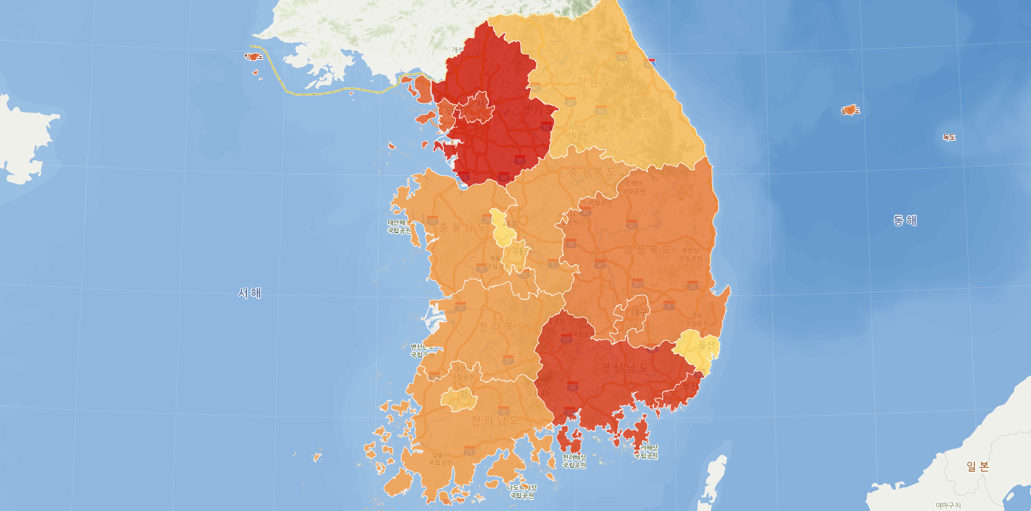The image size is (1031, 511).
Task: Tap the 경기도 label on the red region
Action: point(537,110)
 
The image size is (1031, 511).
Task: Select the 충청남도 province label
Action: point(462,227)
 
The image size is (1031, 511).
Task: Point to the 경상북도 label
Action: point(647,249)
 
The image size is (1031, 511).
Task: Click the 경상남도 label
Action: point(625,368)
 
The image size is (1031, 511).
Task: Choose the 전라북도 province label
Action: point(502,326)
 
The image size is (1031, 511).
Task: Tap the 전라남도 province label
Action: point(495,420)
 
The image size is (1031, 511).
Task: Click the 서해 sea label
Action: point(250,293)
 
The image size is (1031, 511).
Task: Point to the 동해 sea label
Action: point(905,221)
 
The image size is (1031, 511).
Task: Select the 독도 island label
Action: point(949,137)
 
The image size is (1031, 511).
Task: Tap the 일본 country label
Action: point(978,466)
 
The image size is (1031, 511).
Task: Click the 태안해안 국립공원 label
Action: point(400,226)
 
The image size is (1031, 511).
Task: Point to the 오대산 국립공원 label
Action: point(628,91)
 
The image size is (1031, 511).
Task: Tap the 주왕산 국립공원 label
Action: point(690,254)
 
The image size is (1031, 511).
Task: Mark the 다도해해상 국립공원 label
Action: point(522,491)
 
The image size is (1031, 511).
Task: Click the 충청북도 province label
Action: point(592,171)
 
